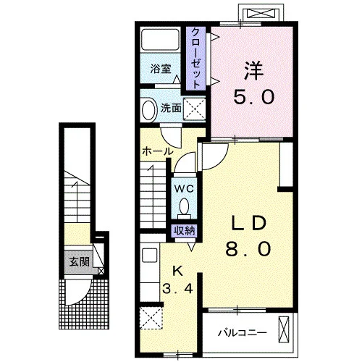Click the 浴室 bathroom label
tap(161, 69)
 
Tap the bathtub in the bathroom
tap(160, 40)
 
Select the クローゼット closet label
tap(195, 58)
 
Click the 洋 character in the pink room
tap(253, 71)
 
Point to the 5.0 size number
tap(253, 96)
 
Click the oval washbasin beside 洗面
tap(148, 110)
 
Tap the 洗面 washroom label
tap(171, 109)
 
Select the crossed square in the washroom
tap(194, 109)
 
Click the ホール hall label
tap(158, 151)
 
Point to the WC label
tap(184, 189)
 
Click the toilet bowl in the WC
tap(184, 208)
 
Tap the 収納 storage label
tap(185, 231)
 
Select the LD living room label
tap(248, 222)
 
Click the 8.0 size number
tap(248, 248)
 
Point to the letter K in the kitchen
tap(177, 271)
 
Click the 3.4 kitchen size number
tap(177, 288)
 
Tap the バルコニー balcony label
tap(243, 333)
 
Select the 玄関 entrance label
tap(80, 261)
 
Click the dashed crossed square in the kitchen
tap(151, 318)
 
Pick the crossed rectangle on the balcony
tap(284, 329)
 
